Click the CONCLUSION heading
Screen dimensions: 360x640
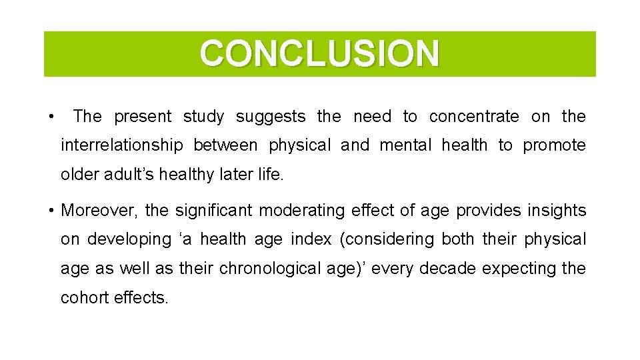pos(319,54)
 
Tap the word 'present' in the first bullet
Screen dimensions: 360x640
pos(142,117)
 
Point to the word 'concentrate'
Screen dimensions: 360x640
pos(473,117)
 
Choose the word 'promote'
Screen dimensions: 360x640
pos(554,145)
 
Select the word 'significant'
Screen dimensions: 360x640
pos(213,211)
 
